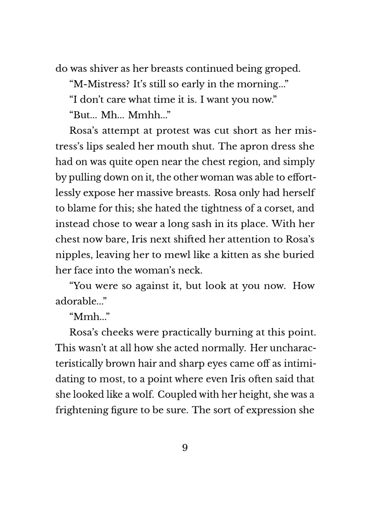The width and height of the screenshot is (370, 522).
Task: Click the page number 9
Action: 185,448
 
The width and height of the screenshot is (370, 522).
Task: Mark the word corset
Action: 276,208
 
